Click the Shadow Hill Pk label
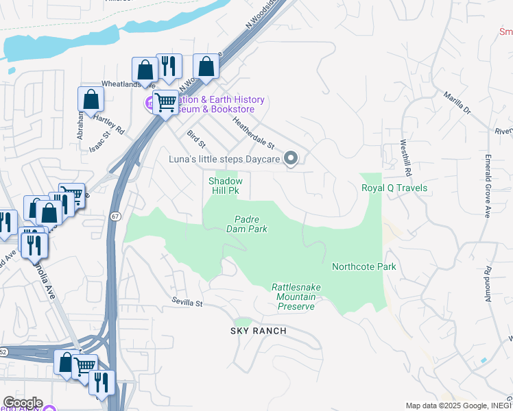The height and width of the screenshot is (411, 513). (x=226, y=186)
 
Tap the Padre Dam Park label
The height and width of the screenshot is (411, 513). (x=246, y=224)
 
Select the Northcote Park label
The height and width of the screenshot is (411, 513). (x=363, y=266)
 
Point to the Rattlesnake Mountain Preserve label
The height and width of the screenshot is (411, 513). (x=296, y=297)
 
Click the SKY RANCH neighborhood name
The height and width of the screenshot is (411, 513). (x=257, y=331)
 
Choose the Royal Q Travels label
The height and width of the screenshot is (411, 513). (x=394, y=188)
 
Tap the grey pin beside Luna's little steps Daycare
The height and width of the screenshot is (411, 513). (x=291, y=159)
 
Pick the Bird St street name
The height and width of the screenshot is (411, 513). (x=196, y=139)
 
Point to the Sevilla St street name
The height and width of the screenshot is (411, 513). (x=187, y=303)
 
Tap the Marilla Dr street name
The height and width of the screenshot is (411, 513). (x=457, y=103)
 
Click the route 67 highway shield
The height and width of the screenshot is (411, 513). (x=114, y=216)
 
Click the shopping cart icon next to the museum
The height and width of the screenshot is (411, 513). (x=165, y=103)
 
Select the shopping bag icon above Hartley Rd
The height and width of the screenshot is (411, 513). (x=91, y=99)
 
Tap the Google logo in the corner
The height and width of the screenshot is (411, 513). (x=22, y=403)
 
